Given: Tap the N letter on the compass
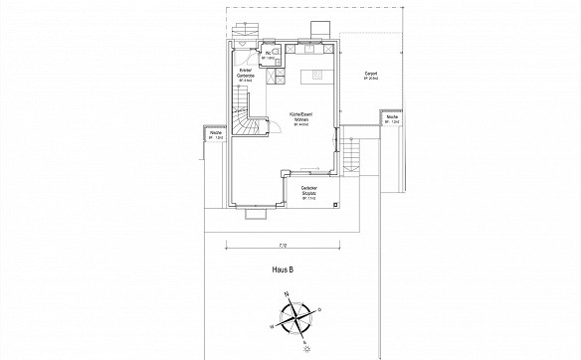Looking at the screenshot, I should pyautogui.click(x=287, y=294).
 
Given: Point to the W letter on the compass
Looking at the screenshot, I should pyautogui.click(x=270, y=324).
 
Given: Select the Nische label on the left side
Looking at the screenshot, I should pyautogui.click(x=215, y=131).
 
